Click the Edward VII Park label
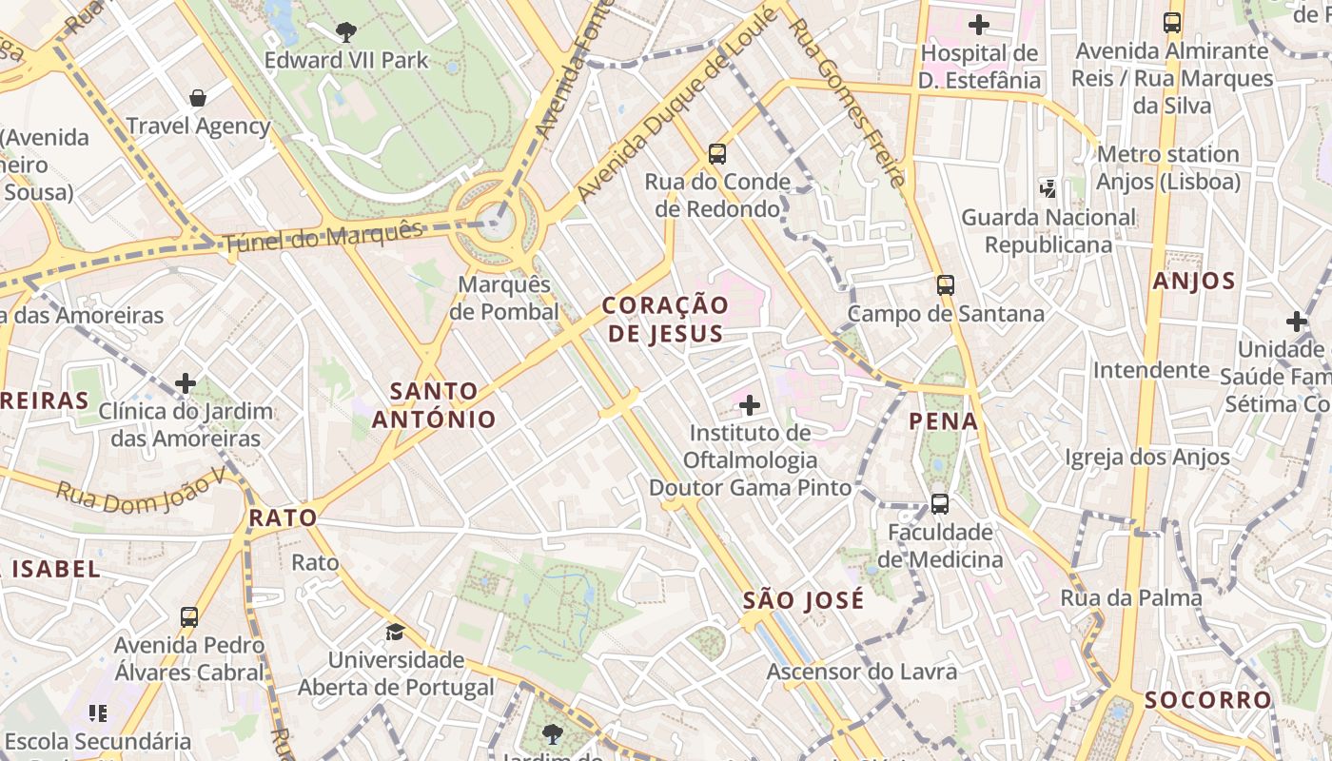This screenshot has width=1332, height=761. pos(346,61)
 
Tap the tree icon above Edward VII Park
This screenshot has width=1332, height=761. pos(346,32)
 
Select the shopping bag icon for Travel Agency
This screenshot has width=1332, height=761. pos(198,98)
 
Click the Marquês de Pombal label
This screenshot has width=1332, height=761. pos(504,298)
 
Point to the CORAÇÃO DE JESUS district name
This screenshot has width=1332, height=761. pos(666,319)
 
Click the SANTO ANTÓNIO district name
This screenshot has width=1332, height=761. pos(434,405)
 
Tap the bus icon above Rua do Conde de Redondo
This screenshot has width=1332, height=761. pos(717,153)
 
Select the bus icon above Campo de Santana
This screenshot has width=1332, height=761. pos(945,284)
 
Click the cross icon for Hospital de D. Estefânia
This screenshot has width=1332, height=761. pos(979,25)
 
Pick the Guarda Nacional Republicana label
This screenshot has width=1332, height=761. pos(1048,231)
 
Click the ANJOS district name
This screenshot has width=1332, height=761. pos(1194,282)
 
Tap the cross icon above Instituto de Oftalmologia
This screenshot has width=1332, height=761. pos(750,406)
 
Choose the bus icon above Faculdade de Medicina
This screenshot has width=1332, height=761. pos(939,503)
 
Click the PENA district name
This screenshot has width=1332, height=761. pos(944,421)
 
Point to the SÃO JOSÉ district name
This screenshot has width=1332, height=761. pos(804,600)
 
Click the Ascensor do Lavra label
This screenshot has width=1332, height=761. pos(862,673)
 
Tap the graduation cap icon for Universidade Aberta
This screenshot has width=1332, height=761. pos(395,632)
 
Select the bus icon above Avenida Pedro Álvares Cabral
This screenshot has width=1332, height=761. pos(189,617)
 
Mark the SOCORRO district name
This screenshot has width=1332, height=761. pos(1207,700)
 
